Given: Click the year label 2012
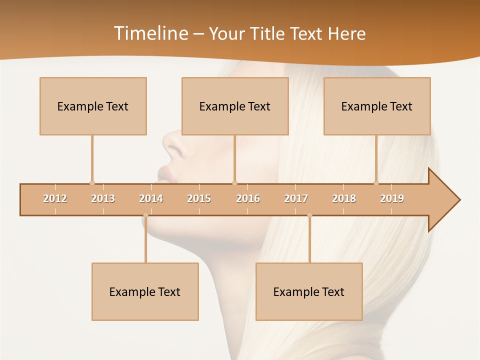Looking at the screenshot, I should [x=55, y=198].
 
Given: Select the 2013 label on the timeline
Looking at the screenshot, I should [x=103, y=198].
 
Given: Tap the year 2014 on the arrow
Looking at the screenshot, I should [x=151, y=198].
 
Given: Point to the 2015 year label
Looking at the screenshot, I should [x=199, y=198].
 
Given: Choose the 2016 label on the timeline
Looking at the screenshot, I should [x=248, y=198].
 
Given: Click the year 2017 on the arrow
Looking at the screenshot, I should [x=296, y=198].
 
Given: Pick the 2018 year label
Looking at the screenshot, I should [x=344, y=198].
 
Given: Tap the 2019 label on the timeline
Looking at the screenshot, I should [x=392, y=198].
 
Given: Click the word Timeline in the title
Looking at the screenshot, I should [x=149, y=33].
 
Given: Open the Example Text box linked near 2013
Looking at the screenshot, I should [x=93, y=106].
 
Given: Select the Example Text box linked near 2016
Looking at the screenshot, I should [x=235, y=106].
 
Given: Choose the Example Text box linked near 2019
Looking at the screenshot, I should [x=377, y=106].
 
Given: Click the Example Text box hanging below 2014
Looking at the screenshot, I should [x=145, y=291].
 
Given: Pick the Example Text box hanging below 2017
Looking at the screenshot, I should [x=309, y=291].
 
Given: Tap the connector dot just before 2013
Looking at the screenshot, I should [x=92, y=183].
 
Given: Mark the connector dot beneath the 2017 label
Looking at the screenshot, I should [x=309, y=215].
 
